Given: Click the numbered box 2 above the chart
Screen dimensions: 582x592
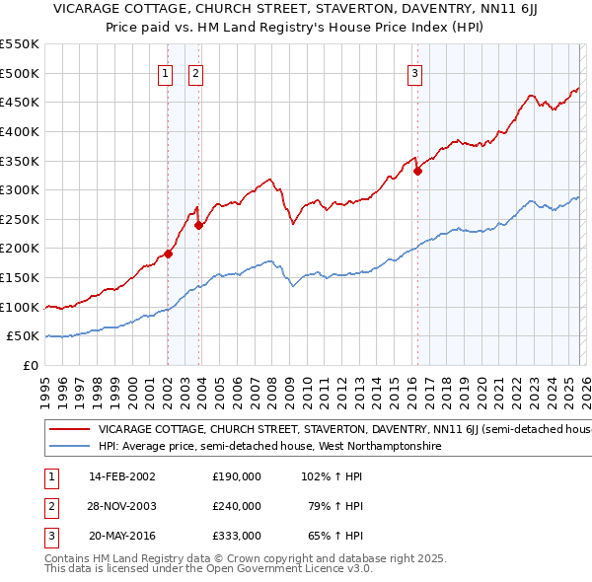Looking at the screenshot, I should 195,72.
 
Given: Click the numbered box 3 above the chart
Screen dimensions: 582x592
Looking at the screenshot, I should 414,72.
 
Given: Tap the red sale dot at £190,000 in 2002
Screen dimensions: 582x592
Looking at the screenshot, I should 168,254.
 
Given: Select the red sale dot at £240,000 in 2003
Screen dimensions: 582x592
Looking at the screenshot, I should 199,225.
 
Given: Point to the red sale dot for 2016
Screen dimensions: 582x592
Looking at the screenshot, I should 417,171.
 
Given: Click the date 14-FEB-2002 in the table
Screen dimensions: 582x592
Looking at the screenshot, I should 121,475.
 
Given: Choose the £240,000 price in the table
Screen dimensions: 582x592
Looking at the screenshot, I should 237,506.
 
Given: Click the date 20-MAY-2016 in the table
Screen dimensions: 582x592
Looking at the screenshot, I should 122,537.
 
